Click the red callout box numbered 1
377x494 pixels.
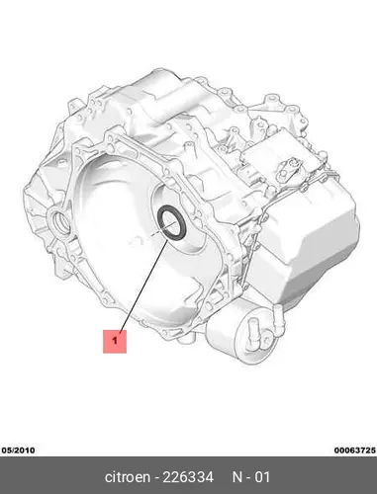115,341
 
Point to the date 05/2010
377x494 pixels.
19,450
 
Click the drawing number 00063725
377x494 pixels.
354,450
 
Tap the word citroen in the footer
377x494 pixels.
128,477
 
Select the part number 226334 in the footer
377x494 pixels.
188,477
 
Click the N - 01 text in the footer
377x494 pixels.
251,477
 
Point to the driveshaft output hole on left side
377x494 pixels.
60,221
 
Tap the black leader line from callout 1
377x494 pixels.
144,285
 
